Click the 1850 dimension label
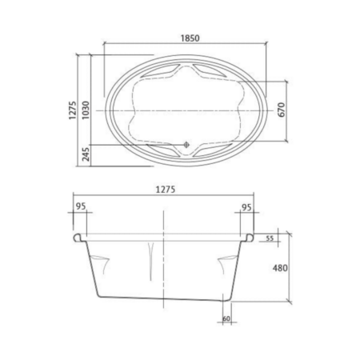(190, 38)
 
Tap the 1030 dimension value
(86, 110)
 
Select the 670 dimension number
(282, 110)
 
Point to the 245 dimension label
(86, 154)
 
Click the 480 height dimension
(280, 268)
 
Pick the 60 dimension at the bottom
(226, 318)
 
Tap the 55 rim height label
(270, 238)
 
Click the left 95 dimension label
(81, 206)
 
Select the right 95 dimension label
(246, 207)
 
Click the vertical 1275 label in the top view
(73, 110)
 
